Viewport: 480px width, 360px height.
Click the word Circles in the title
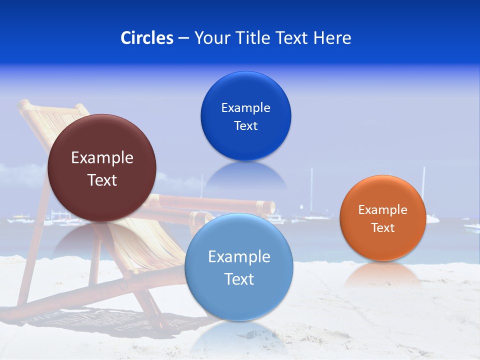tap(146, 38)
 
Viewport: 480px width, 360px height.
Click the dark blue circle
tap(245, 116)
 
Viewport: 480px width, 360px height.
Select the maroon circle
tap(102, 168)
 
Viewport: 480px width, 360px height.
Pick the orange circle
tap(382, 218)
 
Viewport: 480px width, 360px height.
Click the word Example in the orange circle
tap(382, 210)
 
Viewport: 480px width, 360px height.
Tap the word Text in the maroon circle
tap(102, 180)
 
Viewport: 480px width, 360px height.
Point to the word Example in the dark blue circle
tap(245, 107)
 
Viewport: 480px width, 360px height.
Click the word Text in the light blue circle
tap(239, 279)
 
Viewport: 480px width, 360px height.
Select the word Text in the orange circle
tap(382, 228)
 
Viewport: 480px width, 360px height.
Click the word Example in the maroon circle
tap(102, 158)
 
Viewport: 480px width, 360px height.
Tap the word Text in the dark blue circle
tap(245, 126)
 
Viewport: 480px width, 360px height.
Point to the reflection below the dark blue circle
tap(245, 175)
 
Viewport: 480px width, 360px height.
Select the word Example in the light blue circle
tap(239, 257)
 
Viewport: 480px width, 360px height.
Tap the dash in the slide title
tap(183, 38)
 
